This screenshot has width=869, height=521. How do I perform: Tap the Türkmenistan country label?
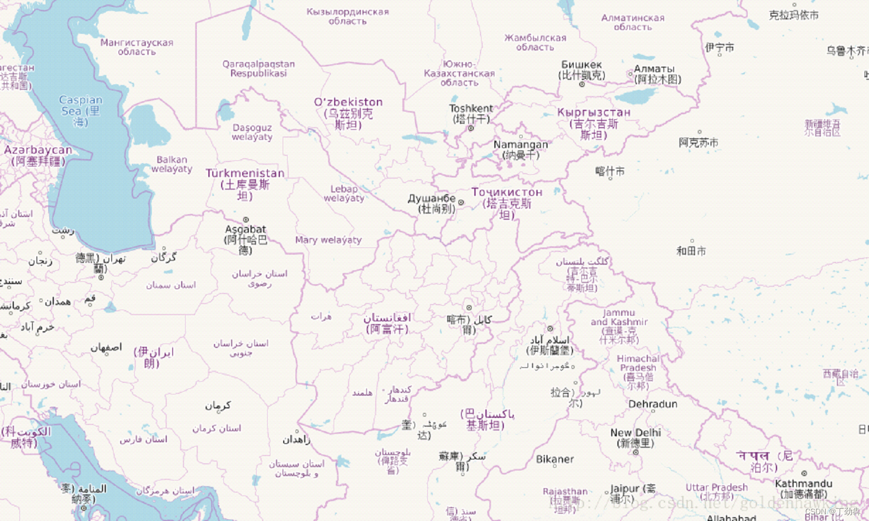245,174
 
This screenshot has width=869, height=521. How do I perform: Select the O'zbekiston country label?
348,103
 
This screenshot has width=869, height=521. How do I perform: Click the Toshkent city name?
471,109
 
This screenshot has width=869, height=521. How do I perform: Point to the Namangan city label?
520,145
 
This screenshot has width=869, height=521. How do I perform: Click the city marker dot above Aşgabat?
246,220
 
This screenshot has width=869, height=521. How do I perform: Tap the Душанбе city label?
432,199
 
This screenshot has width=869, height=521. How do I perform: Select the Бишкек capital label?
581,65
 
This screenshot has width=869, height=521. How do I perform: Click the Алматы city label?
654,69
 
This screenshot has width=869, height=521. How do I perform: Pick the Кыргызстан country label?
594,113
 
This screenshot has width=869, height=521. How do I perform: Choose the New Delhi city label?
636,433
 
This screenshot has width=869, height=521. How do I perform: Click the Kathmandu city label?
803,484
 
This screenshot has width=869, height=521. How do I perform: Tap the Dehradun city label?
652,404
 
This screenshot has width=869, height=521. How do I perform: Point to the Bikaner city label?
555,459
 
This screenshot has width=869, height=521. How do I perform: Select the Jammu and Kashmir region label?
619,317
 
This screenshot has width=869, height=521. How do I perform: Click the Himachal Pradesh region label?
638,363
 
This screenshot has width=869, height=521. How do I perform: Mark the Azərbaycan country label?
38,150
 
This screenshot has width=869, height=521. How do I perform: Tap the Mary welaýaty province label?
328,240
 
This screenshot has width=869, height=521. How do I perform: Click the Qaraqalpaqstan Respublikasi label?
258,69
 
